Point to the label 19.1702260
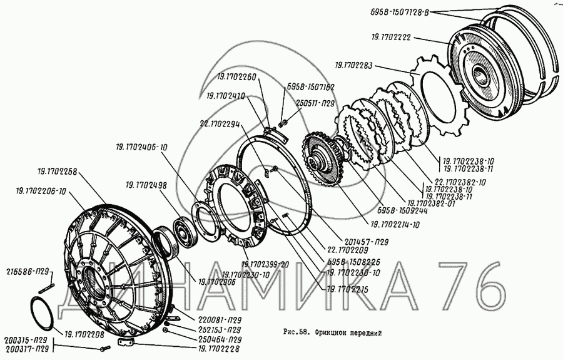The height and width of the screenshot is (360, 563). coord(237,77)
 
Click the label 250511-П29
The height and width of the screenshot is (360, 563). coord(315,102)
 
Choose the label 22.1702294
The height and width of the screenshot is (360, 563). coord(220,124)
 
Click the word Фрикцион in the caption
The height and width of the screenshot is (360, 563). coord(335,333)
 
